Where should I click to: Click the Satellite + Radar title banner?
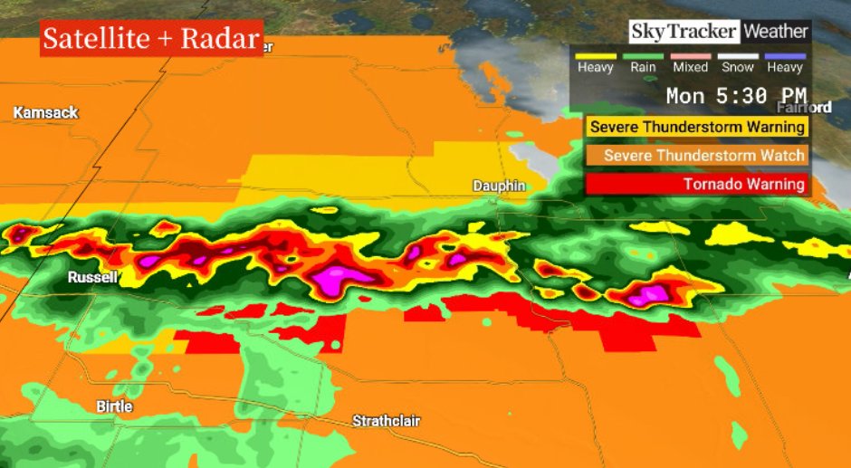pos(151,39)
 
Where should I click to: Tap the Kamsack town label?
pos(45,112)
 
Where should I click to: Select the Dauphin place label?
pos(499,186)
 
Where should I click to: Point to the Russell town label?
pos(92,278)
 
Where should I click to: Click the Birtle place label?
pos(114,406)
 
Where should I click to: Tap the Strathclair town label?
pos(386,421)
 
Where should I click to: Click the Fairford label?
pos(804,107)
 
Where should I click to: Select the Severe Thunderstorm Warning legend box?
pos(697,127)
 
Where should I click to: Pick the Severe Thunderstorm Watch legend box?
pos(697,156)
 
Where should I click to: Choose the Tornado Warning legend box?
pos(697,184)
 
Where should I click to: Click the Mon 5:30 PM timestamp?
pos(736,95)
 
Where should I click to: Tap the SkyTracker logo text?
pos(684,32)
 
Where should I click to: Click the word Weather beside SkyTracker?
pos(776,32)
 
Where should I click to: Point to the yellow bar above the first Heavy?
pos(596,56)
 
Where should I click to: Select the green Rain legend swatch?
pos(643,56)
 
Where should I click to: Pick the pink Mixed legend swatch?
pos(690,56)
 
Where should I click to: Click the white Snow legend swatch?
pos(737,56)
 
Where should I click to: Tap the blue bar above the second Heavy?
pos(784,56)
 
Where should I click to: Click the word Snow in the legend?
pos(737,68)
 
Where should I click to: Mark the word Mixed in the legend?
pos(690,68)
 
